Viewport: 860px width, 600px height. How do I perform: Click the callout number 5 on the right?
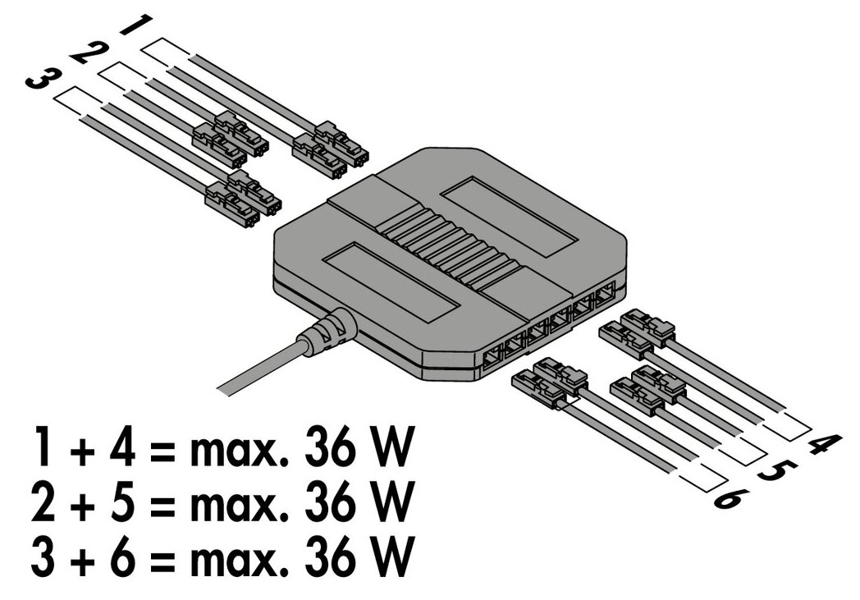pos(775,470)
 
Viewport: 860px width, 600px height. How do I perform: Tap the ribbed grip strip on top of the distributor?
pos(451,243)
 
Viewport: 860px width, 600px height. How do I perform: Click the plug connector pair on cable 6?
pos(550,383)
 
